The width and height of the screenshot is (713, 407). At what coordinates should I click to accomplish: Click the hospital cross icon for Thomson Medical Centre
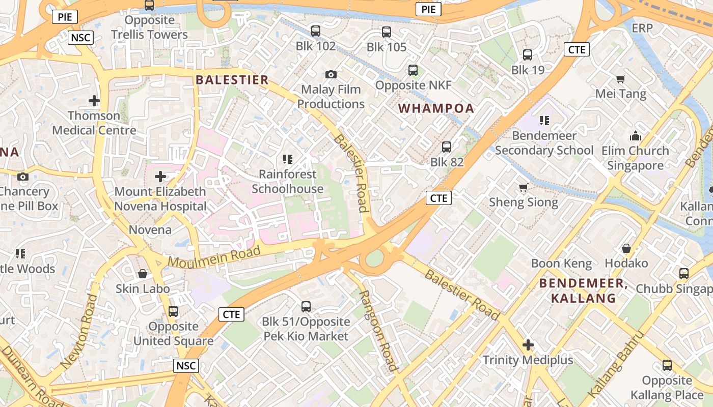pos(94,100)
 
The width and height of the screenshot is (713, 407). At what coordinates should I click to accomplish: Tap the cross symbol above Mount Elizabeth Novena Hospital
pos(160,177)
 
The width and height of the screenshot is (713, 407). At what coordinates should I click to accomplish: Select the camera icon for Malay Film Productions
pos(331,75)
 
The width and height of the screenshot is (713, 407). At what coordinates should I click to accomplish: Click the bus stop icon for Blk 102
pos(316,31)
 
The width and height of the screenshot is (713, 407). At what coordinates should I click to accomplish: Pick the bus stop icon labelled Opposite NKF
pos(413,70)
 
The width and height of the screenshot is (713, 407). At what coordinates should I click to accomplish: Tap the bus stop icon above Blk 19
pos(528,55)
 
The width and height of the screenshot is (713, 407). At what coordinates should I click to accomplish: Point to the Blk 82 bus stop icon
pos(447,147)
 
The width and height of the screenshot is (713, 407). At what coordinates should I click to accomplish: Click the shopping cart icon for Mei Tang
pos(620,79)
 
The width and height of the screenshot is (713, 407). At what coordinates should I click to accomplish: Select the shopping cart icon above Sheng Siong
pos(523,188)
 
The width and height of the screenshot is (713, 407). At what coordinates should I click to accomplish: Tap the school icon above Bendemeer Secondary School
pos(544,121)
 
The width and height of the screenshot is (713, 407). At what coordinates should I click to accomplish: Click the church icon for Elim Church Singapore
pos(635,136)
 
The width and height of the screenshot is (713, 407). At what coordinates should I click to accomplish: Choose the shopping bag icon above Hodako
pos(626,248)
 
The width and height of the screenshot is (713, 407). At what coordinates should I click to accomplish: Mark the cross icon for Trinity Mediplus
pos(528,345)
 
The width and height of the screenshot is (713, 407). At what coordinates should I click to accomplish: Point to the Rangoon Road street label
pos(377,330)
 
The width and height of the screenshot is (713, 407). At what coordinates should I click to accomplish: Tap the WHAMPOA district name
pos(436,108)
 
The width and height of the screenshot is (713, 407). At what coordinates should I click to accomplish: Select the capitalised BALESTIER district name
pos(232,80)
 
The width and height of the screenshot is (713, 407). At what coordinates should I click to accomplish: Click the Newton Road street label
pos(78,331)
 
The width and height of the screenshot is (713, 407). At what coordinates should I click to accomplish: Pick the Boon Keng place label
pos(561,264)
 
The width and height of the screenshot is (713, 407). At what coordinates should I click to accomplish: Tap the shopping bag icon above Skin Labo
pos(143,274)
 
